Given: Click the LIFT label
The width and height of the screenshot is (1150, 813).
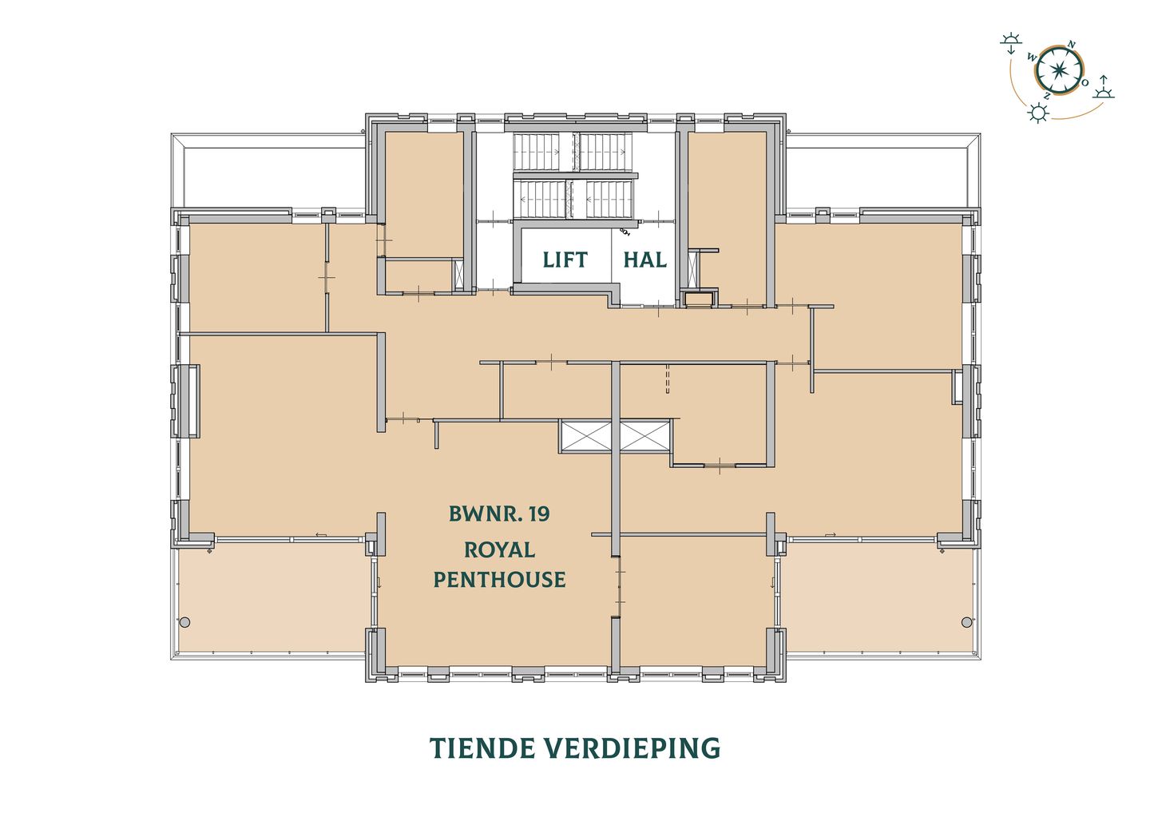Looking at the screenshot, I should click(565, 260).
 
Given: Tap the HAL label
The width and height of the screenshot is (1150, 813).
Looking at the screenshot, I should click(644, 260).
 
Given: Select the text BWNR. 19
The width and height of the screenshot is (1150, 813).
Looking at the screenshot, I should click(499, 514).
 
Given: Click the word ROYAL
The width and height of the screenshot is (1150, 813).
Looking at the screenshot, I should click(499, 549).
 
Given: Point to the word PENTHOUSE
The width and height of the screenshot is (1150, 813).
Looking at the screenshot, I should click(499, 579).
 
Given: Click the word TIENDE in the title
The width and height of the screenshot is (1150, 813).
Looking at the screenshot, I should click(482, 748).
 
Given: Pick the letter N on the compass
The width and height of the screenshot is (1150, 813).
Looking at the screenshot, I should click(1072, 44).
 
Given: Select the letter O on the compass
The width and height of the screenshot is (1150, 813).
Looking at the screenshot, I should click(1085, 82).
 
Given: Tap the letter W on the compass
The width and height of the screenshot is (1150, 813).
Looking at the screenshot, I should click(1032, 58).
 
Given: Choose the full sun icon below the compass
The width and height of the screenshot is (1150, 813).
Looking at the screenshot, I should click(1037, 113).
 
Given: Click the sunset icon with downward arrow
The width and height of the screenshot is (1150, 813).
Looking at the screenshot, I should click(1012, 42).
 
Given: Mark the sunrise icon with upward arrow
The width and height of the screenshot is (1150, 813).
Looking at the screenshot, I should click(1104, 88).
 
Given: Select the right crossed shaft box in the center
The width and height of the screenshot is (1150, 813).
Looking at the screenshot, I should click(643, 436).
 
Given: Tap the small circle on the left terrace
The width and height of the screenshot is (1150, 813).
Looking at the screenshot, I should click(184, 622).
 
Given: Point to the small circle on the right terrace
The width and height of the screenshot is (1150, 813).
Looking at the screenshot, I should click(966, 622).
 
